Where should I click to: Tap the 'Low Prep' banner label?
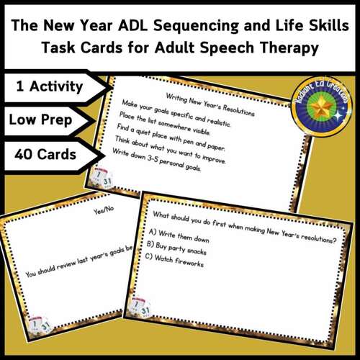click(x=41, y=121)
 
